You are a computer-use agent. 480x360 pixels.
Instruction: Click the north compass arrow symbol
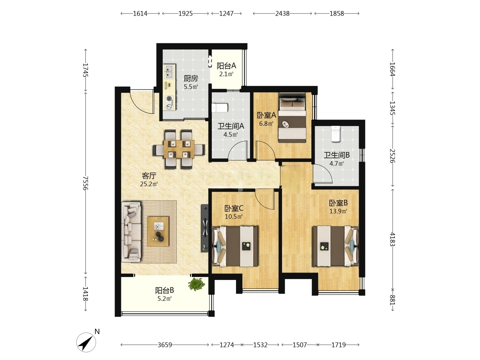[86, 342]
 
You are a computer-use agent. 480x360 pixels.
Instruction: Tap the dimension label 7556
[86, 183]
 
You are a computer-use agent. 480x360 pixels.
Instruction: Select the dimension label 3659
[165, 345]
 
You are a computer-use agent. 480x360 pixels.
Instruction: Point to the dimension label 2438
[282, 14]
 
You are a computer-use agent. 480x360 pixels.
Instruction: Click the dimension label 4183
[393, 239]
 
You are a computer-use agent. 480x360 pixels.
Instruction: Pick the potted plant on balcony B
[196, 284]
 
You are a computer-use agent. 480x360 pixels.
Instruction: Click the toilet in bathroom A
[220, 108]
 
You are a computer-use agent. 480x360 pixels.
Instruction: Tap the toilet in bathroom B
[335, 134]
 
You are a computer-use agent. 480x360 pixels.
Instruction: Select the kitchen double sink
[169, 71]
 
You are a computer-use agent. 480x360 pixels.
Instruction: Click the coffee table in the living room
[158, 231]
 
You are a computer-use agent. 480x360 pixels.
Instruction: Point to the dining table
[179, 149]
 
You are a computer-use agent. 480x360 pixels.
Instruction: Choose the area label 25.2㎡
[149, 184]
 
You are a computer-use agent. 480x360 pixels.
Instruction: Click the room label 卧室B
[338, 203]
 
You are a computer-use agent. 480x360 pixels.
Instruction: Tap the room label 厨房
[191, 78]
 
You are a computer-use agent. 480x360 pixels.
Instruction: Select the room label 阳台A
[226, 66]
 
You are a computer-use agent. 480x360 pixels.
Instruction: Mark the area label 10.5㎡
[234, 217]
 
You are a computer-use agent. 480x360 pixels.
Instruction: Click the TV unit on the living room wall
[204, 228]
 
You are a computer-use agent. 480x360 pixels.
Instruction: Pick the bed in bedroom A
[292, 118]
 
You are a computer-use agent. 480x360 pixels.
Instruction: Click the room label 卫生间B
[337, 155]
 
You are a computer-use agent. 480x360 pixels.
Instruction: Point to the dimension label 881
[393, 300]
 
